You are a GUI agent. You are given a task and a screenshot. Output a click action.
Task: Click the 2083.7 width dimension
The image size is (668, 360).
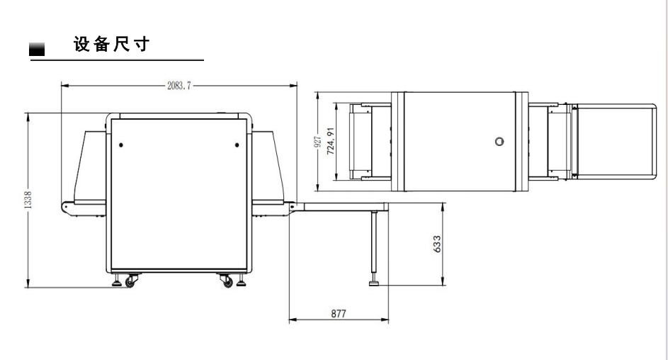tap(179, 86)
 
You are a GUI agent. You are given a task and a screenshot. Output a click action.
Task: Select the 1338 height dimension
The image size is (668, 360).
tap(28, 199)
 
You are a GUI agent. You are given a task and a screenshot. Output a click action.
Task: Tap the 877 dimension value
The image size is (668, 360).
tap(339, 314)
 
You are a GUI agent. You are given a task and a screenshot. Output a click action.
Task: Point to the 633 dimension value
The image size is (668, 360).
tap(437, 244)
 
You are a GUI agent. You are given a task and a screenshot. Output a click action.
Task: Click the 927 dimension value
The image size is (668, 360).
tap(317, 142)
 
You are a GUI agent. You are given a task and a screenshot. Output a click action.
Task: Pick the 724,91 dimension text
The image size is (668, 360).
tap(331, 141)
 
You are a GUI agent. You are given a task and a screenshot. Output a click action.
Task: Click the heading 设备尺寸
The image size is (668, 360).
tap(112, 45)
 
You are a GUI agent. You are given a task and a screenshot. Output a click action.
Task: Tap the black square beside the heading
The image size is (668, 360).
tap(37, 50)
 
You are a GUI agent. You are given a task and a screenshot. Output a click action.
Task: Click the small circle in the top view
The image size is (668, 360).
tap(499, 142)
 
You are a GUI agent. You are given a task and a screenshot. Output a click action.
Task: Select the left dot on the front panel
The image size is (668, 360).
tap(121, 145)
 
